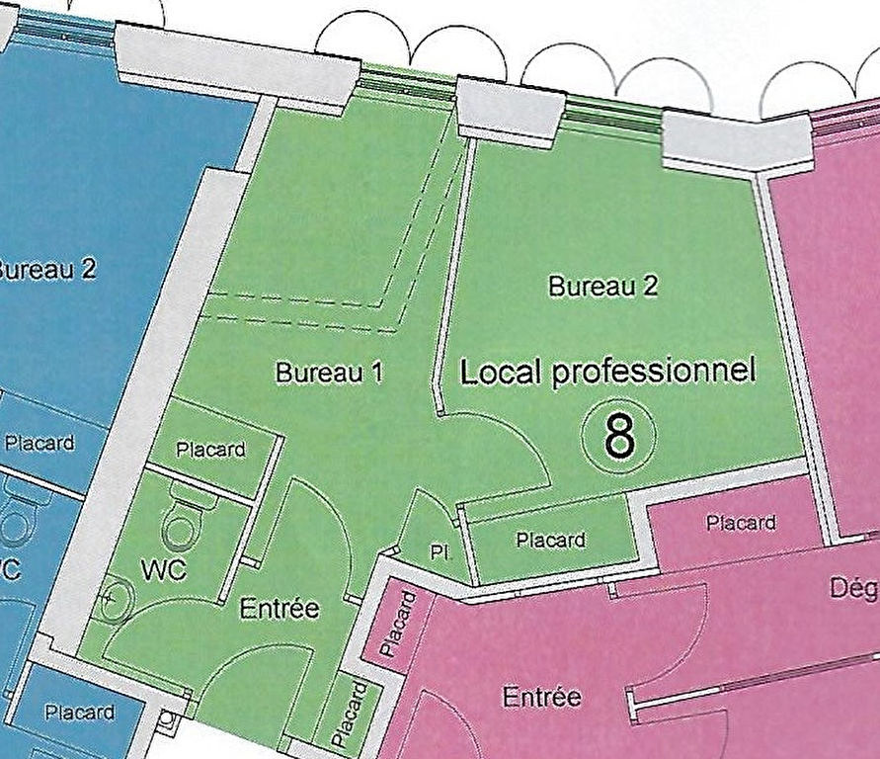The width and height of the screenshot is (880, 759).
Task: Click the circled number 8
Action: [619, 436]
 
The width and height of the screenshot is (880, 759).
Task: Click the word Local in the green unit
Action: [502, 372]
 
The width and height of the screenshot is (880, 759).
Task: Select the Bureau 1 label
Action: [329, 373]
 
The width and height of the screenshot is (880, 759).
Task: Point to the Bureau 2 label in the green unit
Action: [602, 287]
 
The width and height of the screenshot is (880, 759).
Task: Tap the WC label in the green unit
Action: [165, 570]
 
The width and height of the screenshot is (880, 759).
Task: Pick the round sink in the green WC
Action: [117, 598]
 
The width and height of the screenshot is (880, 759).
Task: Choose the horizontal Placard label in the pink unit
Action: [741, 523]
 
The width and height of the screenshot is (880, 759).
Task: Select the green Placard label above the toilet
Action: [210, 450]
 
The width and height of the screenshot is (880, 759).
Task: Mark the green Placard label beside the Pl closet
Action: [550, 540]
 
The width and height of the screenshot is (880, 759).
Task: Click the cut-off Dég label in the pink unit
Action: [855, 589]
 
